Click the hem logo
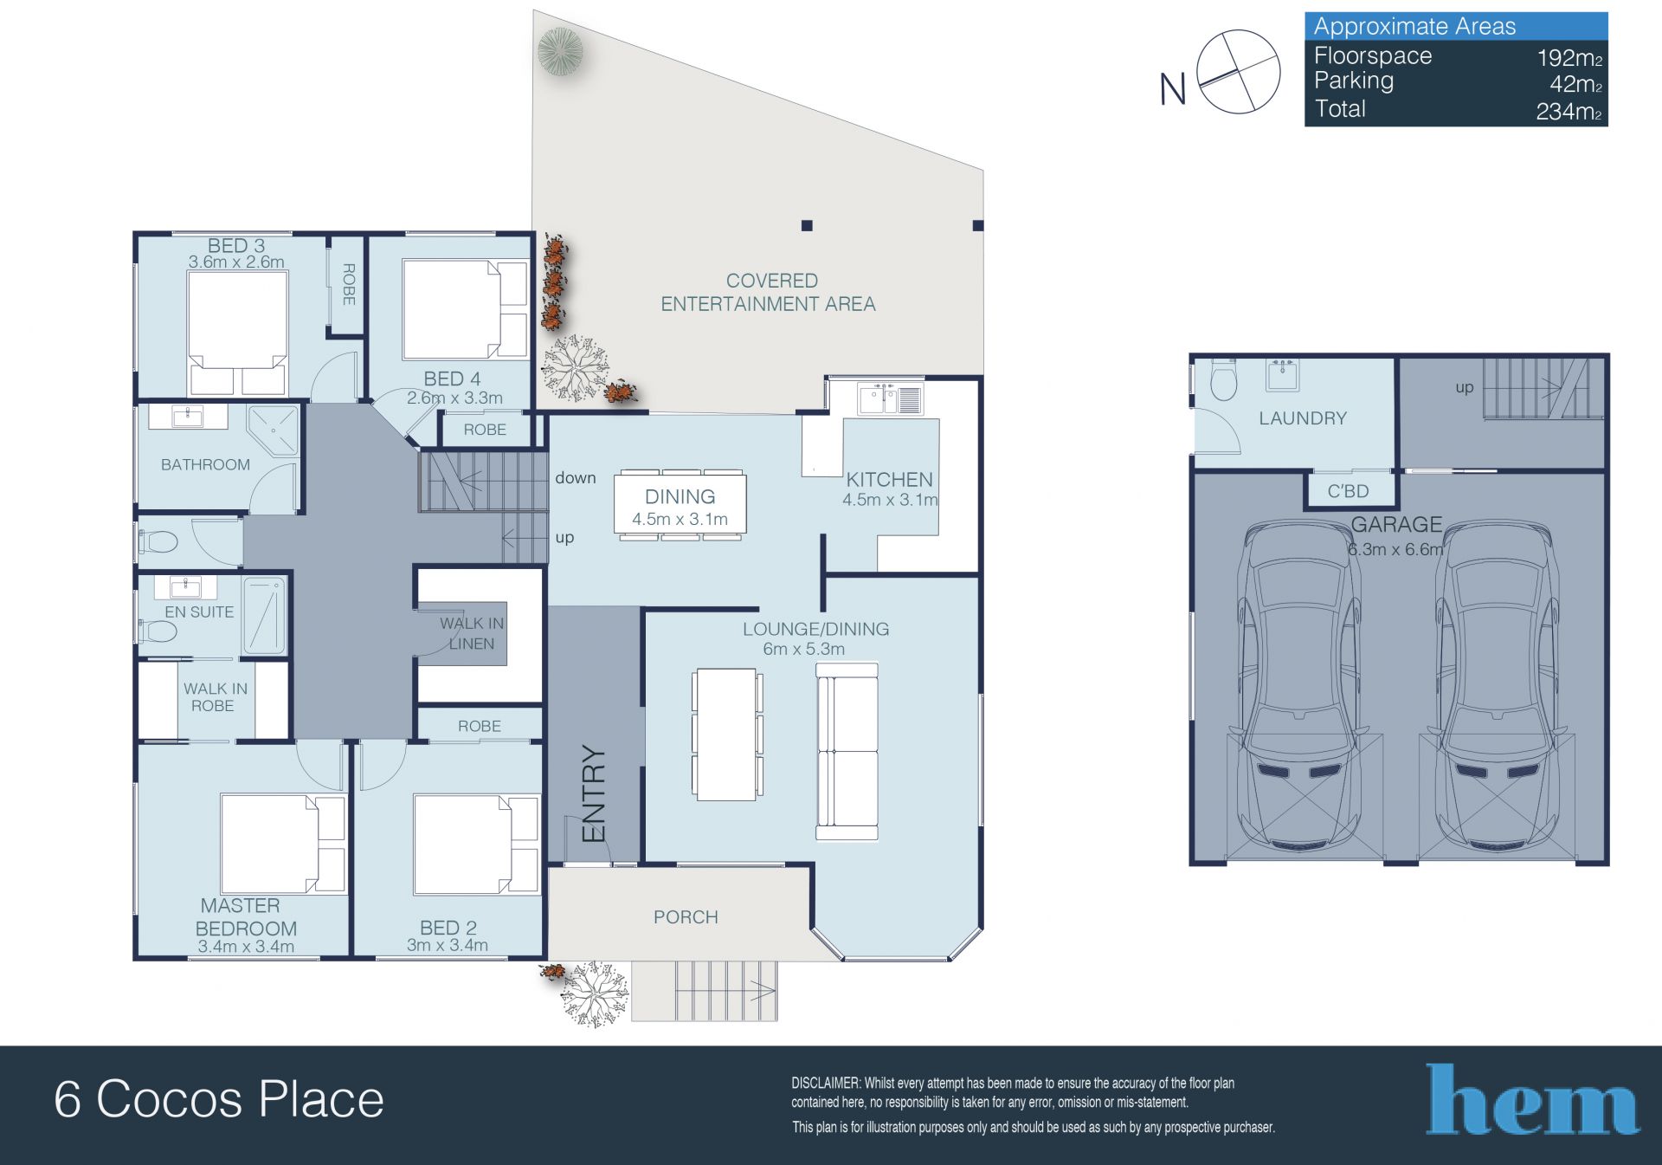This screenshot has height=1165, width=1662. pos(1532,1099)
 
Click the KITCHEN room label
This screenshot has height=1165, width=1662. pos(889,479)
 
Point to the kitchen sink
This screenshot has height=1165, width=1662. pos(890,399)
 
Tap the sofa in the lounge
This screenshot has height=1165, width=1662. pos(847,752)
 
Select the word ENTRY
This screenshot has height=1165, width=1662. pos(594,793)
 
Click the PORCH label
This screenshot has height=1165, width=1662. pos(686,916)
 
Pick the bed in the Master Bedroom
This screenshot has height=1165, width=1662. pos(284,844)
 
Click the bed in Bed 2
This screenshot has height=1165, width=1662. pos(476,845)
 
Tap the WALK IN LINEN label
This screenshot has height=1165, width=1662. pos(472,633)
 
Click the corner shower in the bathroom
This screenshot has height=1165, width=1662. pos(273,430)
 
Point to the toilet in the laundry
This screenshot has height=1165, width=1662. pos(1222,379)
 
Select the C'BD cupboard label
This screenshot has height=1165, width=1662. pos(1348,491)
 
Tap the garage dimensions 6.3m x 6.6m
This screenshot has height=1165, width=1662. pos(1395,549)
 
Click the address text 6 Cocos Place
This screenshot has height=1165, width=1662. pos(219,1099)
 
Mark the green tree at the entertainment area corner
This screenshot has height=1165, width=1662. pos(560,51)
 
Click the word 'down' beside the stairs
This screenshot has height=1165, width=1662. pos(576,477)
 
